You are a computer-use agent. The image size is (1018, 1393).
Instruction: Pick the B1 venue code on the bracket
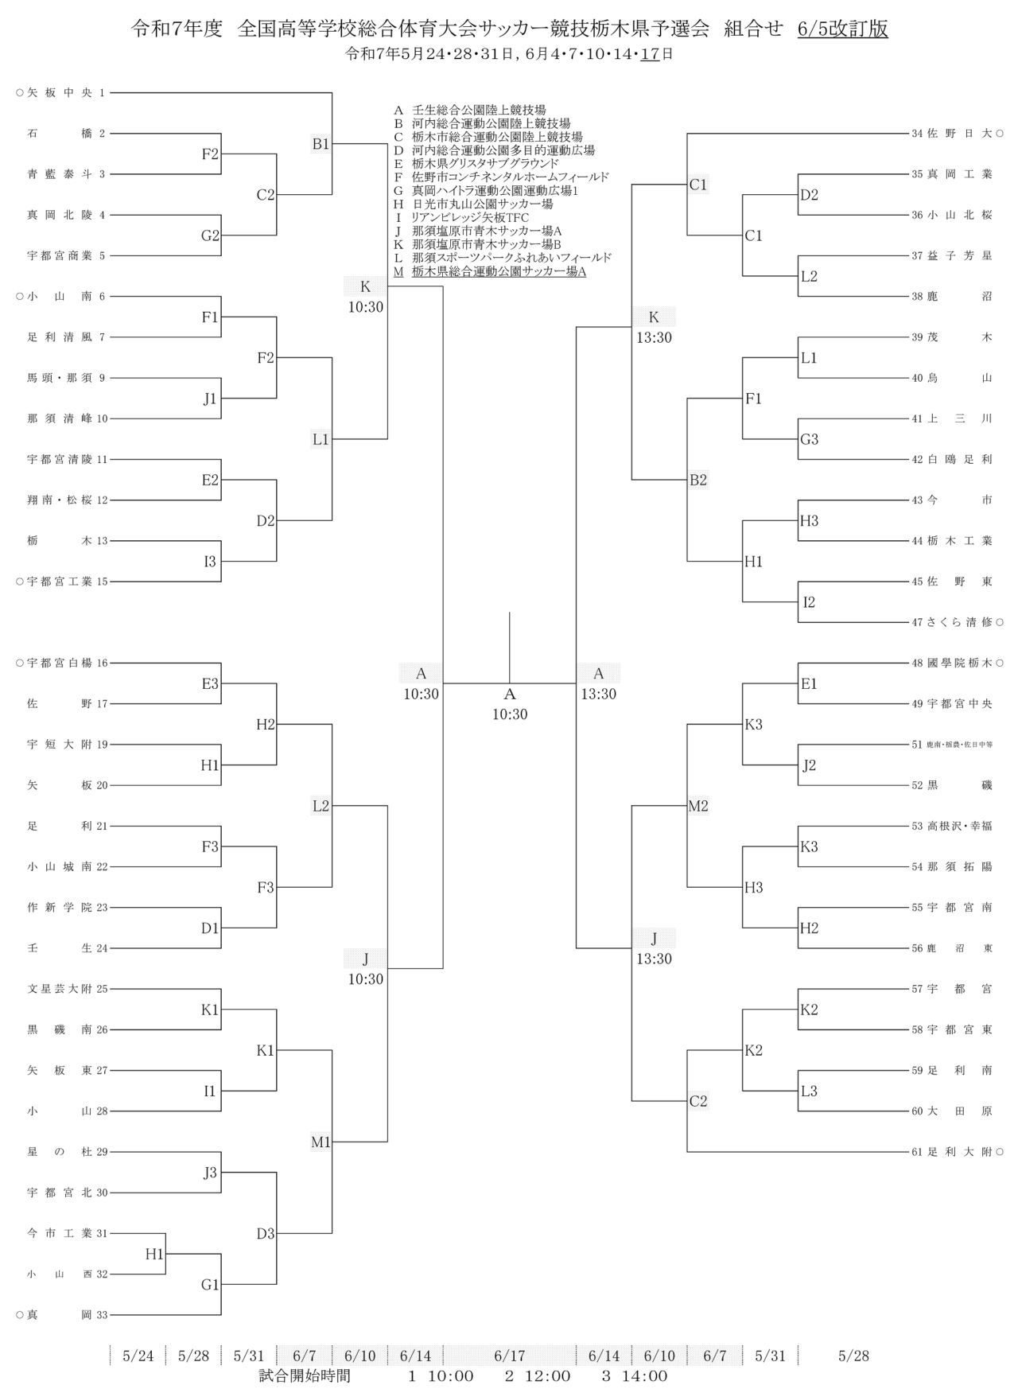(321, 144)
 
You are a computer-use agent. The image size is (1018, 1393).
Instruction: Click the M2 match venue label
(697, 806)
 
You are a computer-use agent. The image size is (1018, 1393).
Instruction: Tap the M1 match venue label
(321, 1142)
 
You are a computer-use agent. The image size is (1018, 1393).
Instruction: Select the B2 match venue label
(697, 480)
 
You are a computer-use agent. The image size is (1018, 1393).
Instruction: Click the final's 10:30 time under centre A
(509, 714)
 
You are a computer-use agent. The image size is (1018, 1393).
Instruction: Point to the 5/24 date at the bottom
(138, 1356)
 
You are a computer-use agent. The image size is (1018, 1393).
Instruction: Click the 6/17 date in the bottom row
(509, 1356)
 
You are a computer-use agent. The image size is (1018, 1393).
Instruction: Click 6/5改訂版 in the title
(842, 29)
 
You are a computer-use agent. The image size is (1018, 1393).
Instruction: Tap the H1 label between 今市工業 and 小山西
(153, 1254)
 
